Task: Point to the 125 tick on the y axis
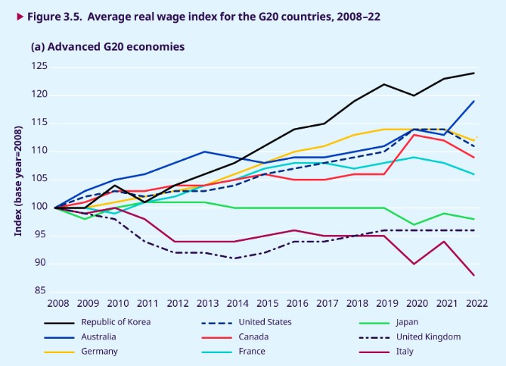[39, 67]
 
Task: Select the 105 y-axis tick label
[39, 179]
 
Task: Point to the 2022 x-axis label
[474, 303]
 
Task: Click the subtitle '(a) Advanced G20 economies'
[107, 46]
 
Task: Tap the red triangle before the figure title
[10, 14]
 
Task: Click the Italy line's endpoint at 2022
[474, 275]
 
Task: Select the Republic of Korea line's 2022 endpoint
[474, 73]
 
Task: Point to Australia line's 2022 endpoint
[474, 101]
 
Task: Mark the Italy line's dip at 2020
[414, 264]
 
